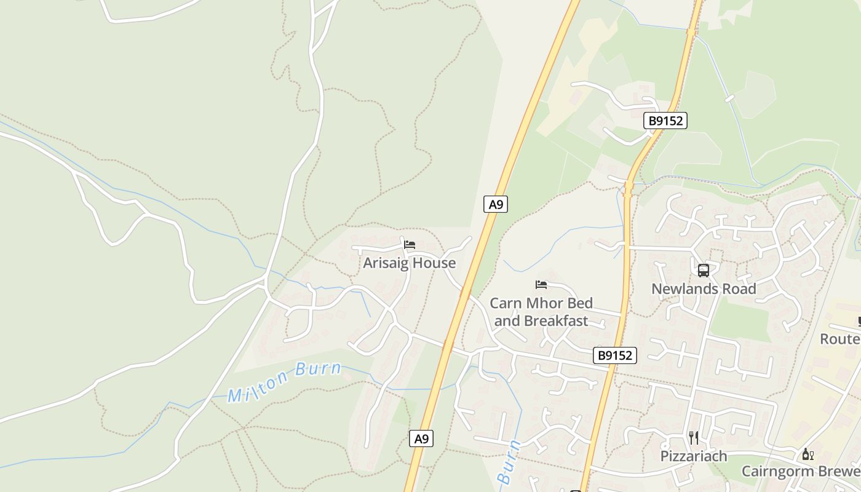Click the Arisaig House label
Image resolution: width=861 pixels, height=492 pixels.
point(409,263)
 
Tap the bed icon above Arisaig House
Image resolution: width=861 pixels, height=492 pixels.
point(410,245)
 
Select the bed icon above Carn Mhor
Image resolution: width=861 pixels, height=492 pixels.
point(541,284)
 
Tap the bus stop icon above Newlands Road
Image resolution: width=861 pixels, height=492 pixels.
point(704,270)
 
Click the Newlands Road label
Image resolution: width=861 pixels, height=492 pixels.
point(704,289)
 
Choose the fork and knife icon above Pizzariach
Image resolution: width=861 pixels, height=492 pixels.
point(694,437)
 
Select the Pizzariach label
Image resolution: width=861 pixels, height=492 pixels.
point(694,456)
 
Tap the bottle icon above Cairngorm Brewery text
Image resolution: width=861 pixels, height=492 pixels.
point(807,454)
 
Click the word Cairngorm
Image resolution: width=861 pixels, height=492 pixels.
point(772,472)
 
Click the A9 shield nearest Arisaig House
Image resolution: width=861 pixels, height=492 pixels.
point(496,204)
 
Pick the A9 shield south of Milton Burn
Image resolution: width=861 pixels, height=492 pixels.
point(421,438)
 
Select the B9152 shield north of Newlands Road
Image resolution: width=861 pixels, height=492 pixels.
point(666,121)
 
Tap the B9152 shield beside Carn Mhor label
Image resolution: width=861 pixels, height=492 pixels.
point(615,355)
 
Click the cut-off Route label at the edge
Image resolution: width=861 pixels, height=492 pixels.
point(841,339)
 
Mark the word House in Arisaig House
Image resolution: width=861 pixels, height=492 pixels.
point(434,263)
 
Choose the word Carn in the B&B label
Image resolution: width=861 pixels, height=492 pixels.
point(506,303)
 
